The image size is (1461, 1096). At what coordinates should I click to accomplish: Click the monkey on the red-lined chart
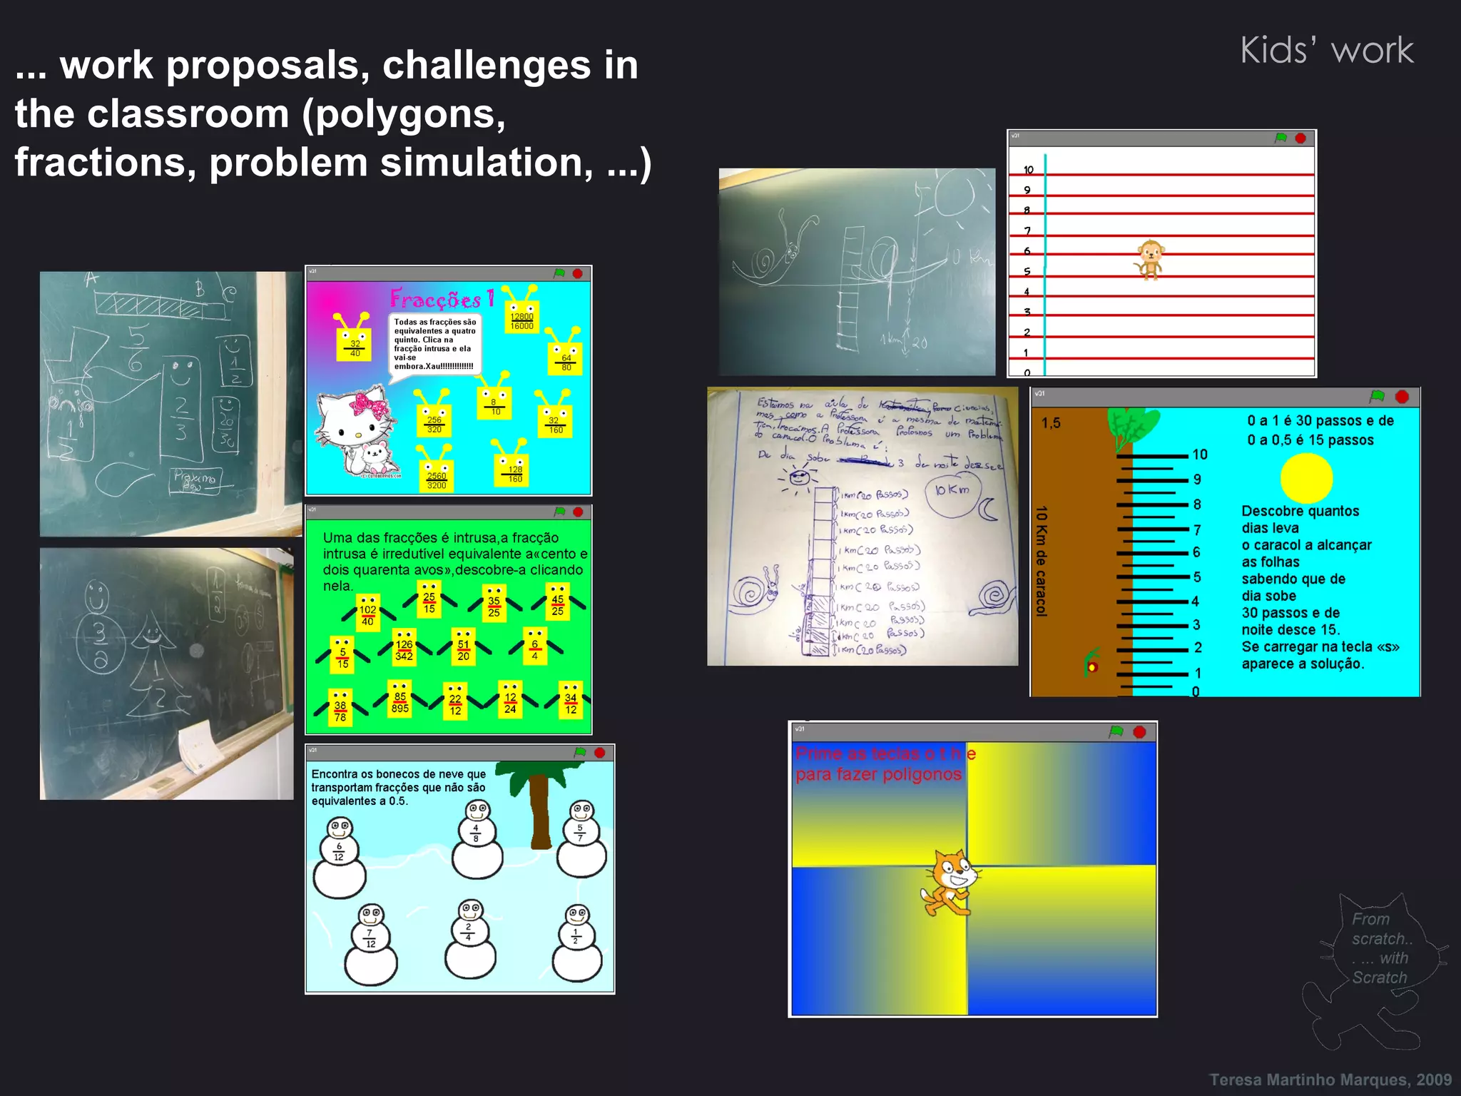[x=1149, y=259]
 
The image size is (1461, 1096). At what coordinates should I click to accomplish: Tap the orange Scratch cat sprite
[x=950, y=883]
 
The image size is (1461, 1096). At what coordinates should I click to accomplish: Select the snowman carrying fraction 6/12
[x=340, y=858]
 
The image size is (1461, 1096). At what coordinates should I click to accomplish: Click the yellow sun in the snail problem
[x=1306, y=479]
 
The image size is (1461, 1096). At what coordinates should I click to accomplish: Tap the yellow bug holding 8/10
[x=494, y=401]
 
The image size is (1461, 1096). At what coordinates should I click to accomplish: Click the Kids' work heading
[x=1326, y=51]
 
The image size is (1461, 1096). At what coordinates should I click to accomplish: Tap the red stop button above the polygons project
[x=1139, y=732]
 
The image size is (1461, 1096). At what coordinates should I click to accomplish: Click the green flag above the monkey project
[x=1281, y=138]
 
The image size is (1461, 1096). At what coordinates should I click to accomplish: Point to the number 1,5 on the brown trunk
[x=1051, y=423]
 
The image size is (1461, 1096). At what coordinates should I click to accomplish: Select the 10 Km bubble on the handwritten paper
[x=953, y=489]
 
